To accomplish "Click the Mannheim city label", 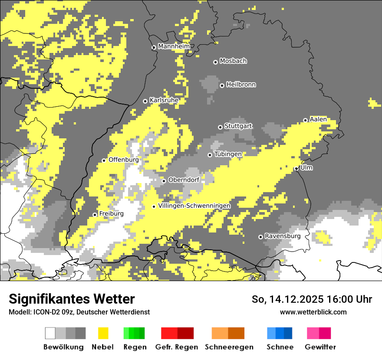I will pos(174,46).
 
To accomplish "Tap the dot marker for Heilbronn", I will pos(222,85).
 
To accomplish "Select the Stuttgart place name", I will pos(238,126).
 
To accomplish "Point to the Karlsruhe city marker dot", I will pos(145,101).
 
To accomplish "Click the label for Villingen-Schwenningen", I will pos(194,206).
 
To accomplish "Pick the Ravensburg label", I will pos(283,236).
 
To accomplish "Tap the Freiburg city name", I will pos(111,214).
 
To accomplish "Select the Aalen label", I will pos(318,119).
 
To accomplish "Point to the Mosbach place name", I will pos(233,61).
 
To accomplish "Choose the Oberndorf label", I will pos(184,180).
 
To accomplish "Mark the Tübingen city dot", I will pos(210,155).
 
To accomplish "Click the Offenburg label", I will pos(124,160).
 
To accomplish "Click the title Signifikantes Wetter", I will pos(72,299).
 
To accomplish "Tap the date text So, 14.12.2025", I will pos(288,299).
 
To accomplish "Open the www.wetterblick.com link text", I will pos(313,312).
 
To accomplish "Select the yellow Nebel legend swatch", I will pos(103,333).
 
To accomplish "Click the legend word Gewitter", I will pos(320,347).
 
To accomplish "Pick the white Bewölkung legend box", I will pos(50,333).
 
